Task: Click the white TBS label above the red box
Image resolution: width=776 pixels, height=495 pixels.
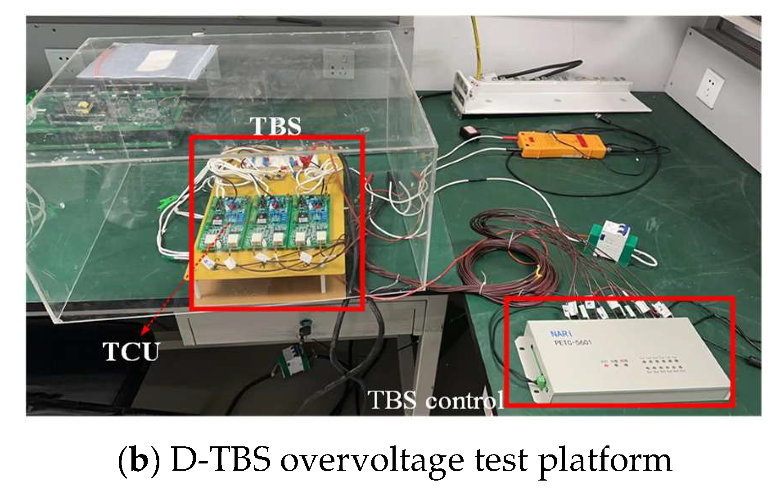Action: pos(275,126)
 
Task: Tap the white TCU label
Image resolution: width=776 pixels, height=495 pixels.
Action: pos(131,351)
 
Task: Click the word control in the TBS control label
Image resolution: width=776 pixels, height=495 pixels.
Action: pos(464,400)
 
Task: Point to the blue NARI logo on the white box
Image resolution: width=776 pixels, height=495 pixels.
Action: pos(561,334)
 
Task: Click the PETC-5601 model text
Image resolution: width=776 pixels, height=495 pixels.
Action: pos(573,343)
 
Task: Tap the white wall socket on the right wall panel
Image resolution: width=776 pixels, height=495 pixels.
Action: pos(710,88)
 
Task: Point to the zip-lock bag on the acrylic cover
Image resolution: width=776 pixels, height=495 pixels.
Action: pos(155,60)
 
